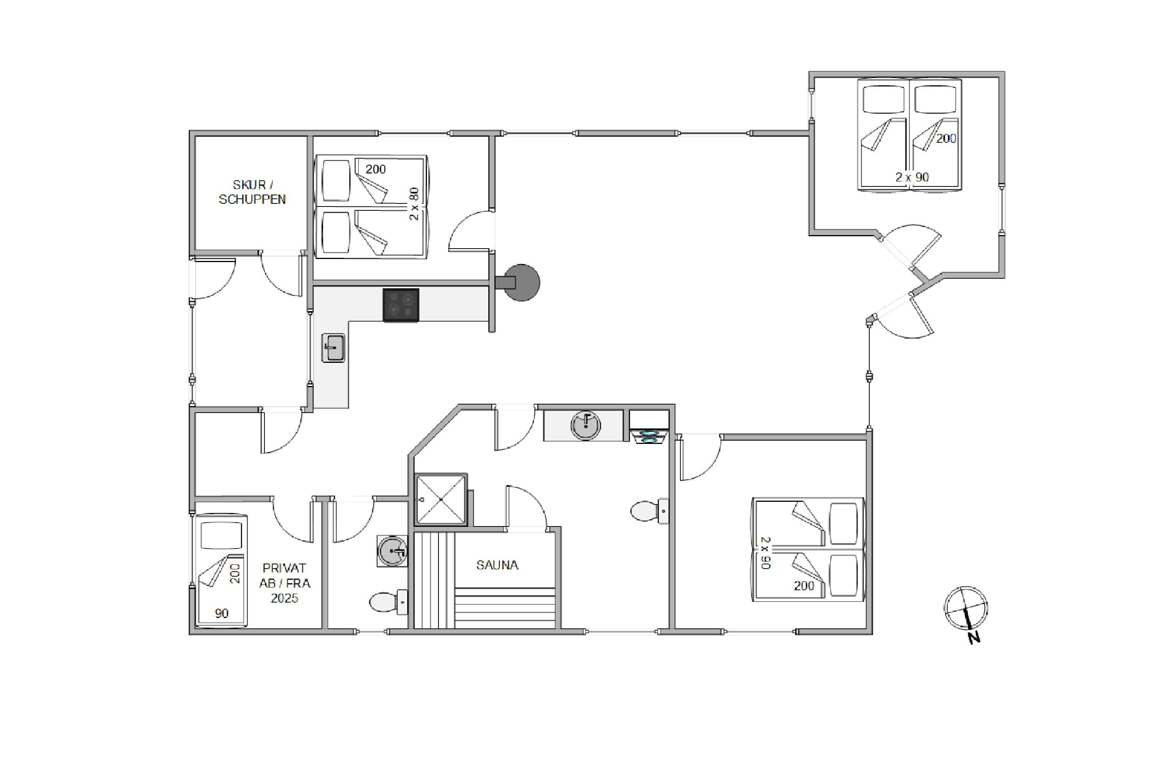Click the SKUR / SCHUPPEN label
click(x=252, y=192)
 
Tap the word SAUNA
click(x=497, y=565)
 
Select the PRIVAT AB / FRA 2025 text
click(x=284, y=583)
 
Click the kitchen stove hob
click(x=401, y=305)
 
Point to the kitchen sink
click(x=334, y=348)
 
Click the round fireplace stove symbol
click(x=520, y=283)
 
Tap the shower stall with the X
click(x=441, y=499)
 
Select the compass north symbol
click(x=965, y=608)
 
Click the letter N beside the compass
click(x=974, y=638)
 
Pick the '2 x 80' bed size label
click(x=414, y=204)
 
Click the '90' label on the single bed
click(x=222, y=613)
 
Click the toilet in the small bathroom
click(x=388, y=602)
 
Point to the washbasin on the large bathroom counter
click(x=586, y=425)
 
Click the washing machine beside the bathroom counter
click(x=649, y=427)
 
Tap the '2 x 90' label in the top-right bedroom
click(x=912, y=177)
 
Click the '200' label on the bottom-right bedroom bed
click(x=804, y=586)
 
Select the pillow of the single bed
click(x=222, y=536)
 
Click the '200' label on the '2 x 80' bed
click(x=376, y=169)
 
